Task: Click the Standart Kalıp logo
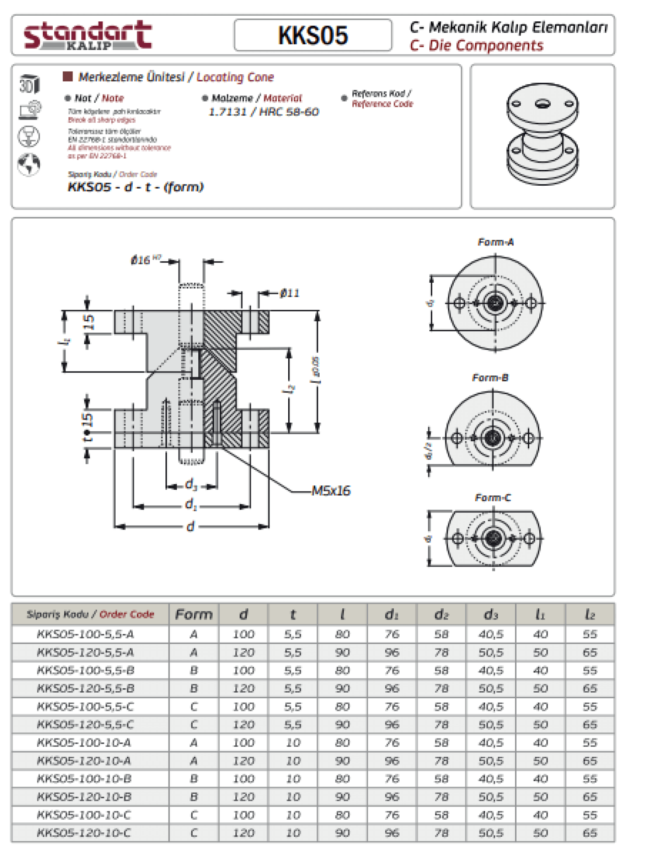click(x=87, y=35)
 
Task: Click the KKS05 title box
click(x=313, y=35)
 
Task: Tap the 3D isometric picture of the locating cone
click(x=542, y=133)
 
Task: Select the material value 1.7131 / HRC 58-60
click(x=264, y=112)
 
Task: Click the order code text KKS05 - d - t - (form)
click(x=135, y=187)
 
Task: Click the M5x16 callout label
click(x=331, y=491)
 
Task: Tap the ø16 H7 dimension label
click(x=144, y=260)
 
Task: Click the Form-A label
click(x=496, y=242)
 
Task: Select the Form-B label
click(x=490, y=378)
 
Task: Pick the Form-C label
click(x=493, y=498)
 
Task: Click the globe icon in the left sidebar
click(x=29, y=165)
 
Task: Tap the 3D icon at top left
click(x=29, y=84)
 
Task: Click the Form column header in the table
click(x=194, y=614)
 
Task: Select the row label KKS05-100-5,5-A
click(x=86, y=634)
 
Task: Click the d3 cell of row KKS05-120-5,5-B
click(x=491, y=688)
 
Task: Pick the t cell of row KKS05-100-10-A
click(x=293, y=742)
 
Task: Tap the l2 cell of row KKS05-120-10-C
click(x=590, y=833)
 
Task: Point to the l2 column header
click(x=590, y=614)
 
